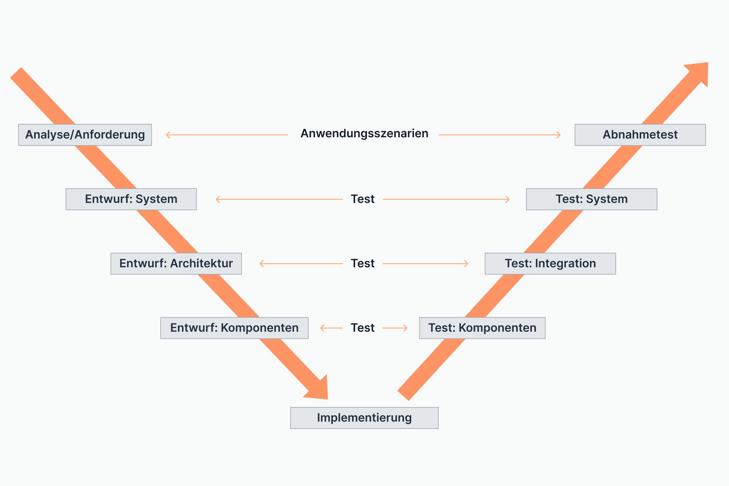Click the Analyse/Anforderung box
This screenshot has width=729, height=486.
[85, 135]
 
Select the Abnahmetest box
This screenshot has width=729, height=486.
[640, 135]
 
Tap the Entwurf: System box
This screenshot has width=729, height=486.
[131, 199]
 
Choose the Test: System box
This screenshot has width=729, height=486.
[591, 199]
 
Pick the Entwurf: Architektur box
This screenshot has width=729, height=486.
[176, 264]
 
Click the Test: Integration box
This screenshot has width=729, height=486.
[550, 264]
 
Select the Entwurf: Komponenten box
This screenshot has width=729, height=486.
[234, 328]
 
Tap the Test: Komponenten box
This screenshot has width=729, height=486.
[482, 328]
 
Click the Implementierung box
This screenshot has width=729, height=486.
[364, 418]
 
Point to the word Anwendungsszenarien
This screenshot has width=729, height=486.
[364, 134]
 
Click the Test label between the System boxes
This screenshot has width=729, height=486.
[362, 199]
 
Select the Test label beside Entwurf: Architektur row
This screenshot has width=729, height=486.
[362, 264]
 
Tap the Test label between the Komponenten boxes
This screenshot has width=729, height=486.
[362, 328]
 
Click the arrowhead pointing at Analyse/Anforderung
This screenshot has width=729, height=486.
[168, 135]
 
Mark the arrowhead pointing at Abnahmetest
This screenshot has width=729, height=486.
[559, 135]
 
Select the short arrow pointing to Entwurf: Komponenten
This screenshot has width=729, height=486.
[331, 328]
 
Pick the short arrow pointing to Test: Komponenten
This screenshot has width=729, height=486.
[395, 328]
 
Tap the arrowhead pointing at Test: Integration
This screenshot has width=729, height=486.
[467, 264]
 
